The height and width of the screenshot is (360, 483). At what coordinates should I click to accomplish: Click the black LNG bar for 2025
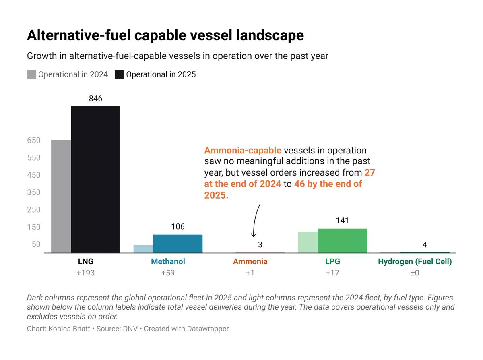pyautogui.click(x=95, y=179)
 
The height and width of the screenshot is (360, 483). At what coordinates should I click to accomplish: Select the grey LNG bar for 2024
pyautogui.click(x=61, y=196)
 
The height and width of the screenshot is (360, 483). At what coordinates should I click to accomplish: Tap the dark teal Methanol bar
pyautogui.click(x=178, y=244)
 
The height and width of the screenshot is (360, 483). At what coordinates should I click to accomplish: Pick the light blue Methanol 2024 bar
pyautogui.click(x=143, y=249)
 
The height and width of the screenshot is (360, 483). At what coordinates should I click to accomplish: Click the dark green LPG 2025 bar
pyautogui.click(x=342, y=241)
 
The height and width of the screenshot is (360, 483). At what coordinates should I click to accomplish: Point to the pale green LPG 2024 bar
pyautogui.click(x=308, y=242)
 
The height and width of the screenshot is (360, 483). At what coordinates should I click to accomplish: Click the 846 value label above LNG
pyautogui.click(x=95, y=98)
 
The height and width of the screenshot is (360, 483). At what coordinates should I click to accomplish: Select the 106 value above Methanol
pyautogui.click(x=178, y=227)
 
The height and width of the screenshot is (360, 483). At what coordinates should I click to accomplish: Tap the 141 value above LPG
pyautogui.click(x=342, y=221)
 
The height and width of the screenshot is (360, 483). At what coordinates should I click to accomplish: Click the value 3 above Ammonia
pyautogui.click(x=260, y=244)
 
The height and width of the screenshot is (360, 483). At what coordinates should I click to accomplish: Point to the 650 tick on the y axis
pyautogui.click(x=34, y=141)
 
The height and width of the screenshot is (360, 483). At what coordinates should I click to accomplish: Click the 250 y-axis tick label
pyautogui.click(x=34, y=210)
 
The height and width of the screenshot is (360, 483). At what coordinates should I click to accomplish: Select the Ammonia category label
pyautogui.click(x=250, y=262)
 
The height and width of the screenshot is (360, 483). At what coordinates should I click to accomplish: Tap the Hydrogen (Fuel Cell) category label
pyautogui.click(x=415, y=262)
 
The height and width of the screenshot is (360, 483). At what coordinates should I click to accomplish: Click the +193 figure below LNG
pyautogui.click(x=85, y=273)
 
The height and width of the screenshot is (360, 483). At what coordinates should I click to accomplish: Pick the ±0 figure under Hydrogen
pyautogui.click(x=415, y=273)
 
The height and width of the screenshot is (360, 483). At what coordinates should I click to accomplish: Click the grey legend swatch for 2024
pyautogui.click(x=31, y=74)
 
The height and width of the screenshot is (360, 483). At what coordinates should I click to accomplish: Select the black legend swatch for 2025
pyautogui.click(x=119, y=74)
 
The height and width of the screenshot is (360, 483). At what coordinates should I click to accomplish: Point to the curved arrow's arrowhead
pyautogui.click(x=254, y=235)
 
